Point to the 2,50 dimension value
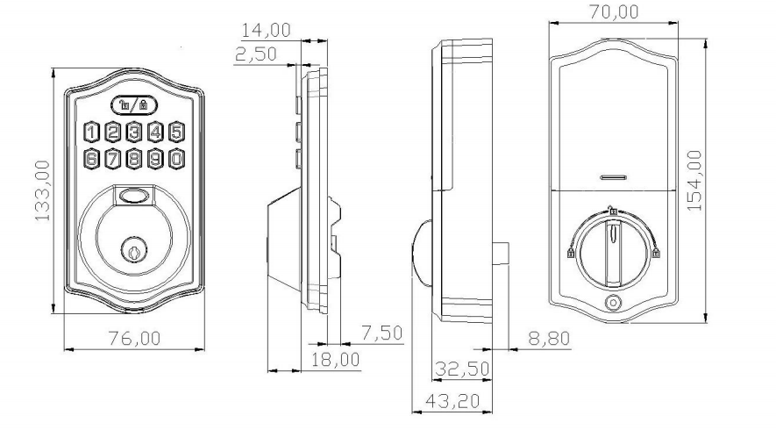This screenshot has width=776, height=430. click(x=256, y=54)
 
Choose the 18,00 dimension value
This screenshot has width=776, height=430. click(x=335, y=358)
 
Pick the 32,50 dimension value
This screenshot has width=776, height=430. click(x=463, y=368)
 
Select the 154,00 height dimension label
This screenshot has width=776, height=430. click(x=695, y=181)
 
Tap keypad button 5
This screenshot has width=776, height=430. click(x=177, y=133)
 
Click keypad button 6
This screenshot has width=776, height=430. click(x=91, y=159)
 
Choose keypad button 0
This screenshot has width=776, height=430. click(x=177, y=159)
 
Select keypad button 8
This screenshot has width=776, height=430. click(x=134, y=159)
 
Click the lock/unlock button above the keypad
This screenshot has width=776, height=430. click(x=134, y=105)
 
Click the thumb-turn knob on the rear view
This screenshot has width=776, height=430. click(x=614, y=247)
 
